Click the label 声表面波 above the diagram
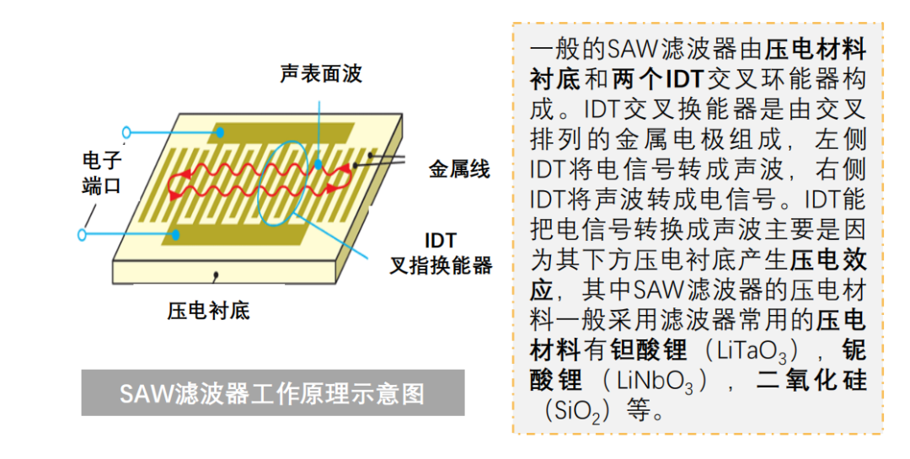321,74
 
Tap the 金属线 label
459,168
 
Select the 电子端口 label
102,173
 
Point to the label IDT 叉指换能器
441,253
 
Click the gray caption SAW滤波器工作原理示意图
273,392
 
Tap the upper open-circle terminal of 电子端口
126,133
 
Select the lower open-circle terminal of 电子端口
82,235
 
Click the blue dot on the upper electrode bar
220,133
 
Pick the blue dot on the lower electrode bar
175,235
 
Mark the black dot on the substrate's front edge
217,273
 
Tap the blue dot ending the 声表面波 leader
318,165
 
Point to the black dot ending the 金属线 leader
356,166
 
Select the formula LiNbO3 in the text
655,382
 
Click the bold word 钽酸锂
648,350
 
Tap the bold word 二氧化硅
811,381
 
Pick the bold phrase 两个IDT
658,79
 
